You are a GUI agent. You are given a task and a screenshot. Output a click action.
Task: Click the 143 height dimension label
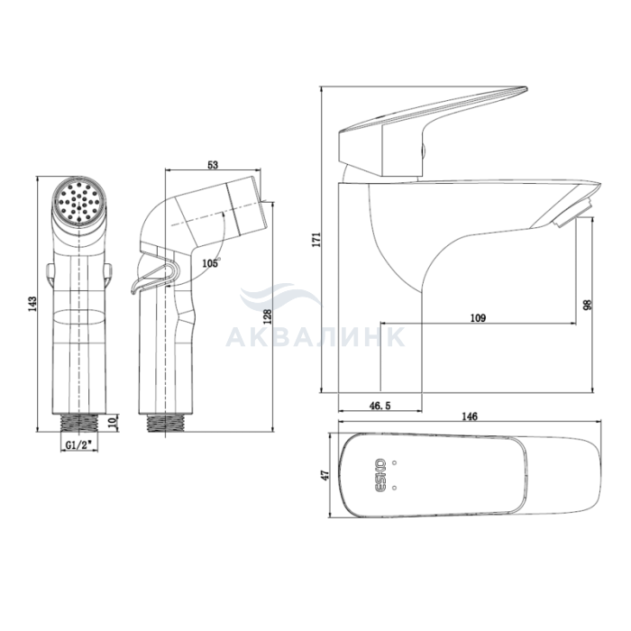[x=32, y=304]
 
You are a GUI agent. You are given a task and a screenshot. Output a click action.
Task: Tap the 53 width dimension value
[x=213, y=165]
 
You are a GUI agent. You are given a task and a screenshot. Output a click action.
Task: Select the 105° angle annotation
[x=211, y=263]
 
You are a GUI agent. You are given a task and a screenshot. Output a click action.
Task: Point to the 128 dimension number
[x=267, y=316]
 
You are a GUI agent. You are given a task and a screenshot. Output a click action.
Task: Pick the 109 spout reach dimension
[x=478, y=317]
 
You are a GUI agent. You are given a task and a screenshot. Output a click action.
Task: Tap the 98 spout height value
[x=588, y=305]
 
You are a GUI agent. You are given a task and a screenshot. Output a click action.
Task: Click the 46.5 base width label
[x=380, y=406]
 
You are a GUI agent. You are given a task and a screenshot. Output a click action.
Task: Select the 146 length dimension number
[x=470, y=416]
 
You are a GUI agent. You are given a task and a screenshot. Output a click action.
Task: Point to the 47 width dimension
[x=325, y=475]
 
